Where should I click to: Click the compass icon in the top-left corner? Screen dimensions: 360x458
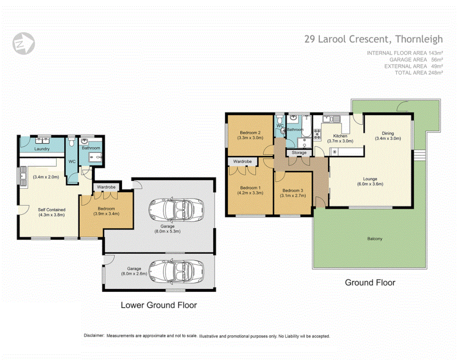point(24,42)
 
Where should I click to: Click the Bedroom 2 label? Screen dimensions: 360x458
point(250,132)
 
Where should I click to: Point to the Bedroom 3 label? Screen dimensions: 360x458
point(293,190)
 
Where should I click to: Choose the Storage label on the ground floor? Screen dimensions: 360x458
point(299,153)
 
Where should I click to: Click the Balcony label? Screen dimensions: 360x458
point(374,239)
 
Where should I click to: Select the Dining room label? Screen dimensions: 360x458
point(388,133)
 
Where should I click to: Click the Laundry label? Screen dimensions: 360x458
point(42,149)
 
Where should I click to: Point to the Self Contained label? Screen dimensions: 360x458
point(51,209)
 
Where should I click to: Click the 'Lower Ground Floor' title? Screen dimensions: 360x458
point(159,305)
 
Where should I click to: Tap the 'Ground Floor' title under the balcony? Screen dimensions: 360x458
point(370,282)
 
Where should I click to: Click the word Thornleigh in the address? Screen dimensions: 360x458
point(419,39)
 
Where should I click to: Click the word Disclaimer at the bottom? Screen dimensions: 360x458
point(94,336)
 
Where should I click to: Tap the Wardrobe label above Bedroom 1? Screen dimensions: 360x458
point(242,162)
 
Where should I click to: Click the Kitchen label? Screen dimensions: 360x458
point(340,136)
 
